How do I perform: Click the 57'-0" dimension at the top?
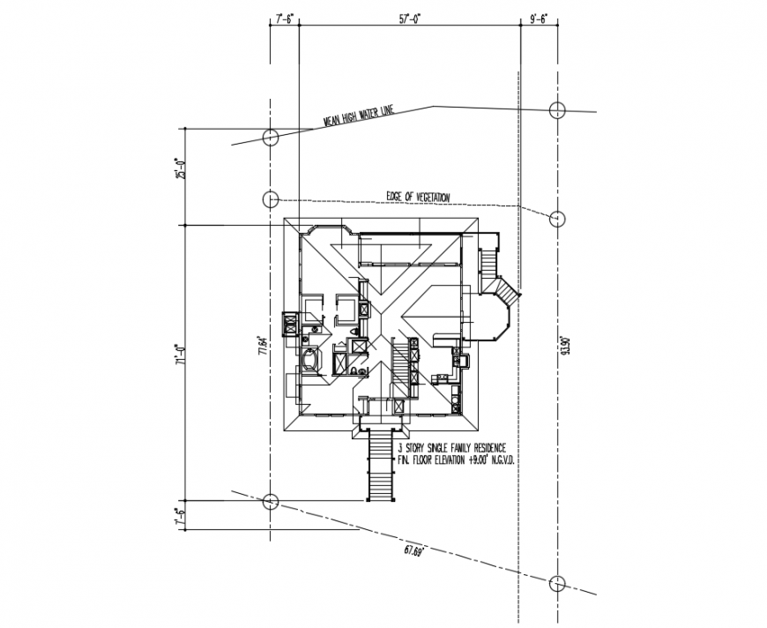[x=409, y=17]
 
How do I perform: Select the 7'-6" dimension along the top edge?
[x=284, y=17]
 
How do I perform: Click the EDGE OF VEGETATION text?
[x=418, y=196]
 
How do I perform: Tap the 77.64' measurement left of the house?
[x=261, y=343]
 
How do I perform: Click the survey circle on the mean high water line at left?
[x=271, y=138]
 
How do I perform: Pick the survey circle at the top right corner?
[x=556, y=110]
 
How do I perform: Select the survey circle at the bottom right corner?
[x=556, y=584]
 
